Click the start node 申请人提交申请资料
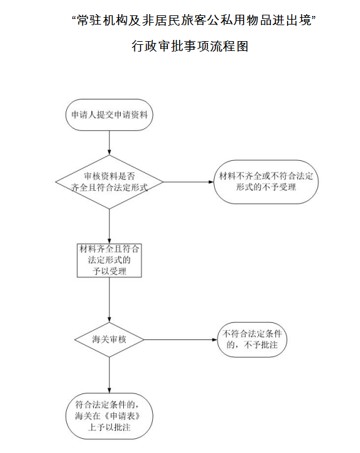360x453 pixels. click(x=109, y=115)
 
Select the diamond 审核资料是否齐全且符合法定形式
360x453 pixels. click(x=109, y=182)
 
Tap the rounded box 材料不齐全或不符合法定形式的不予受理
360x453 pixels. click(x=266, y=182)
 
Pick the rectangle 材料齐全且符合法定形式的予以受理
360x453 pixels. click(x=109, y=260)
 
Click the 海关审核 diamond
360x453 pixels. click(x=109, y=339)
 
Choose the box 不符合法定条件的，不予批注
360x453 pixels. click(x=252, y=339)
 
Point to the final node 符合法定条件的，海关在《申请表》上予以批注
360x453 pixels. click(x=109, y=416)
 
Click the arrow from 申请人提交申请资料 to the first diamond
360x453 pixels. click(x=109, y=143)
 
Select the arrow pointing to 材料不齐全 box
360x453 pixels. click(x=188, y=182)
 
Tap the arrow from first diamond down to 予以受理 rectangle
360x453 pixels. click(x=109, y=226)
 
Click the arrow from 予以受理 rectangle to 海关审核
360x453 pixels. click(x=109, y=300)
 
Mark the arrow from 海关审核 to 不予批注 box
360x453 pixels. click(x=180, y=339)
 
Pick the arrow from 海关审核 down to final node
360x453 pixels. click(x=109, y=375)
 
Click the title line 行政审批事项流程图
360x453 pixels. click(x=190, y=46)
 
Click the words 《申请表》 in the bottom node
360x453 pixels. click(x=123, y=416)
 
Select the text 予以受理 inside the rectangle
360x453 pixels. click(x=109, y=271)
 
